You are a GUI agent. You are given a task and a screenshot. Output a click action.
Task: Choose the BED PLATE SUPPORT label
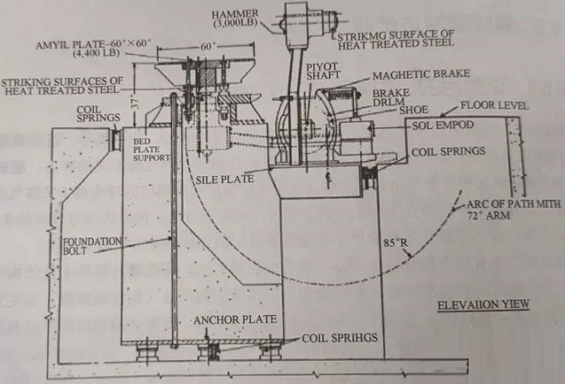pyautogui.click(x=152, y=150)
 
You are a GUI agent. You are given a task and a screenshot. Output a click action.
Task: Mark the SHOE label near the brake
pyautogui.click(x=412, y=109)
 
